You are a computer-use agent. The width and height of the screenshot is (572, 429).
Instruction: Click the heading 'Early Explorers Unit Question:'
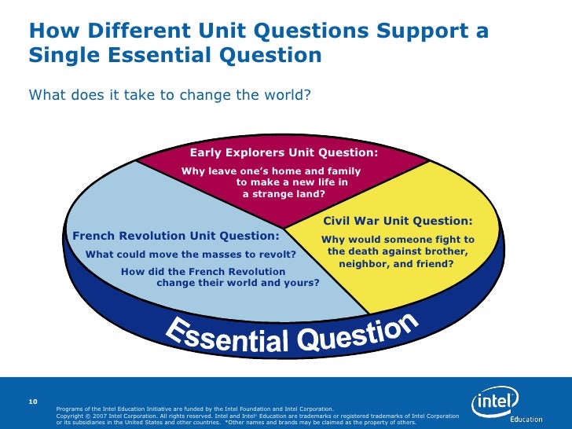(x=284, y=152)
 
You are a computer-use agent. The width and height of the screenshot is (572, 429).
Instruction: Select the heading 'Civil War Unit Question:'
(x=398, y=222)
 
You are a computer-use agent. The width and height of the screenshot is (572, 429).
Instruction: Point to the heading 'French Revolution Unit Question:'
(x=175, y=236)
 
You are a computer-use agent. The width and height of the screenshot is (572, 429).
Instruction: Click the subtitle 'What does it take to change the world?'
(x=170, y=95)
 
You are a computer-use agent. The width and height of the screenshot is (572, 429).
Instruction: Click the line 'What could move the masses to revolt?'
(x=190, y=255)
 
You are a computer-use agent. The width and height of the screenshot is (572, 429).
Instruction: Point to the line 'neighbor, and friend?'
(x=396, y=264)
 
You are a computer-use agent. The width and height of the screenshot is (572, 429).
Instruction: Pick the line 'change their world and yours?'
(x=238, y=282)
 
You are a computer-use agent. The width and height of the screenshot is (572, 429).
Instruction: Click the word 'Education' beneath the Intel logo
(x=526, y=419)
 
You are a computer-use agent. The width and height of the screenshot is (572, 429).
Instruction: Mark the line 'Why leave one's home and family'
(x=271, y=171)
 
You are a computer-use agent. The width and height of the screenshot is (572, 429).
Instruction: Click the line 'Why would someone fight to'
(x=398, y=239)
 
